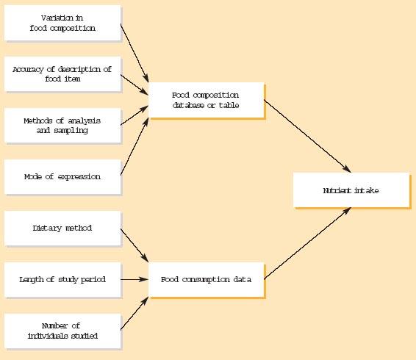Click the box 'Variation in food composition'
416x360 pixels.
pos(62,23)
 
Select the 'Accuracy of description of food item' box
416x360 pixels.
pos(62,74)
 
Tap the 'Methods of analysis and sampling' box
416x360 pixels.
pos(62,125)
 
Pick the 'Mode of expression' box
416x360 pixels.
pos(62,176)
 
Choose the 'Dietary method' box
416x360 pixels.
pos(62,228)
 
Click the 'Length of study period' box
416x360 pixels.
pos(62,279)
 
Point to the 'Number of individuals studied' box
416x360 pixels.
pos(62,331)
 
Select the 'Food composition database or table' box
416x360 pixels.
pos(206,100)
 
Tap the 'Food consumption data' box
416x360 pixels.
pos(206,279)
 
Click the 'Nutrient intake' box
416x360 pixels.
pos(351,190)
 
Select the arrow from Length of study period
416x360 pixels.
pos(135,279)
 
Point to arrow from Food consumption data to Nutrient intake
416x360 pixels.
pos(306,243)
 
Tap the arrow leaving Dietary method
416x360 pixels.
pos(135,245)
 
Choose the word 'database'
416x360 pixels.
pos(190,105)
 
